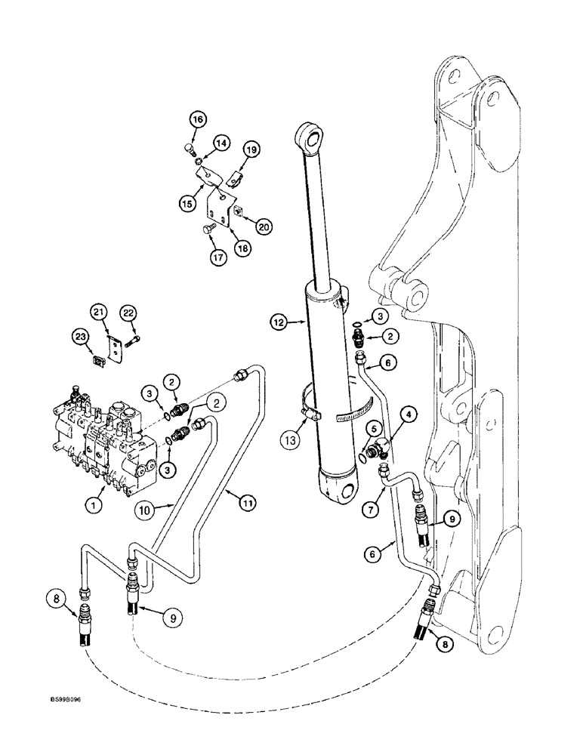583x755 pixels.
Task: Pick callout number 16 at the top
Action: pos(197,120)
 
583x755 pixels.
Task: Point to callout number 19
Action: pos(251,150)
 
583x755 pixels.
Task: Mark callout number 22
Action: pos(129,313)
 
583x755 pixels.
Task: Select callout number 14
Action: pos(221,142)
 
